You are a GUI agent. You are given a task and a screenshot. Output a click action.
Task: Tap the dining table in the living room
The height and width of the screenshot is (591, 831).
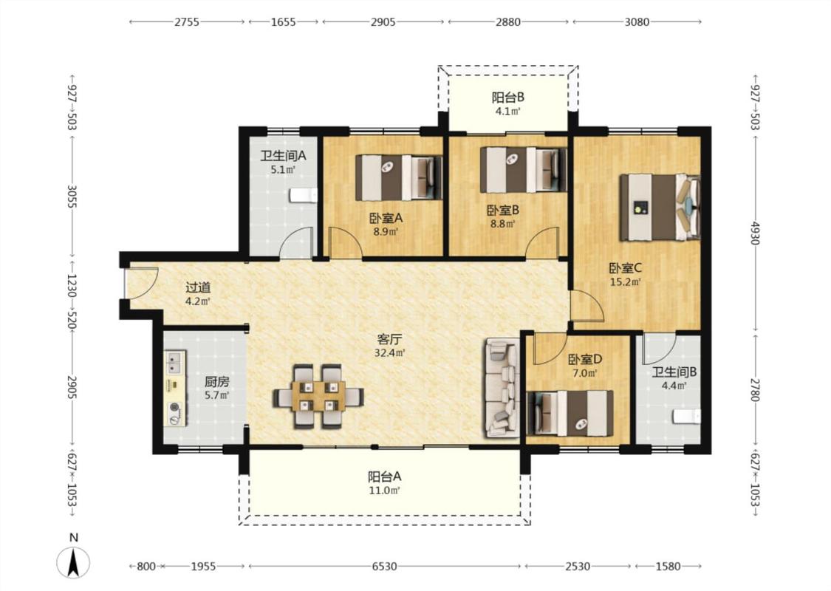point(318,395)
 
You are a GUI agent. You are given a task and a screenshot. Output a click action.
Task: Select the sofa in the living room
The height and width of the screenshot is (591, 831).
point(501,388)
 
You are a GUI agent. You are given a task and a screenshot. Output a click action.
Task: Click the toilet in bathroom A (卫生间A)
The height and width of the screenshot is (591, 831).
point(304,196)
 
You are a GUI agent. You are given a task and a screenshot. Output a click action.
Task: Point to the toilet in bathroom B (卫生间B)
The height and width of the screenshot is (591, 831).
point(687,417)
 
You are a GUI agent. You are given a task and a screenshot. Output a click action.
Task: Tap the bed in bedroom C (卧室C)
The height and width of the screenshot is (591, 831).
point(660,208)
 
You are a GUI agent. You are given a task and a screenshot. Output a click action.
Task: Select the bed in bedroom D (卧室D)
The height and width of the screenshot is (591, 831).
point(570,414)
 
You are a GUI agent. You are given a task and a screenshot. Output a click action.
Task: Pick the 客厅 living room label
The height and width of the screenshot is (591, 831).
point(389,339)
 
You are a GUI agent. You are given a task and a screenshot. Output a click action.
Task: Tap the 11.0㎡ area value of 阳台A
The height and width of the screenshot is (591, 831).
point(384,491)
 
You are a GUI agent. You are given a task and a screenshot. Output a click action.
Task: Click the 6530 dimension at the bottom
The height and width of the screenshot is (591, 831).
point(384,567)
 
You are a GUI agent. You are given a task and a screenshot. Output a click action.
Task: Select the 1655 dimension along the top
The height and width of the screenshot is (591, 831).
point(283,21)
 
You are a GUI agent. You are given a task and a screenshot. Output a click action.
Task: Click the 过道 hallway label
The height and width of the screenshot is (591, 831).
point(198,288)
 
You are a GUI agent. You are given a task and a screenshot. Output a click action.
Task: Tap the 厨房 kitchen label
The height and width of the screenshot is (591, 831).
point(217,382)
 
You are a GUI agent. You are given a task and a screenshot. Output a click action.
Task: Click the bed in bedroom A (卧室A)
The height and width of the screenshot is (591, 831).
point(399,177)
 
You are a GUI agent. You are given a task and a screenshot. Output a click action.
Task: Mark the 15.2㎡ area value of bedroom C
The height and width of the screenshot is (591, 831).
point(626,282)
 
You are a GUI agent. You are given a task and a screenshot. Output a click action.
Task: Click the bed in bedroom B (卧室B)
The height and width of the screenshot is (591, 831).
point(523,170)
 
